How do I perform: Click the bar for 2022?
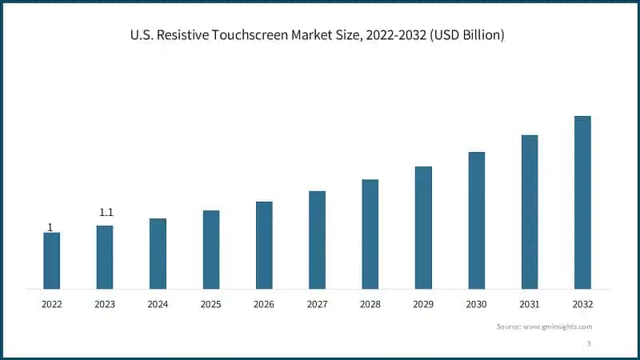(x=51, y=260)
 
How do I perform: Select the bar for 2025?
(x=211, y=249)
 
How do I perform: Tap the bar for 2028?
(x=370, y=234)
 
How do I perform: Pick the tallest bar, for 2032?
(x=582, y=202)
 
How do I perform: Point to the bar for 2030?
(x=476, y=220)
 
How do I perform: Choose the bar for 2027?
(x=317, y=239)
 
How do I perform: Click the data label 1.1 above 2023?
(x=106, y=213)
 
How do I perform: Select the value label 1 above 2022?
(x=50, y=227)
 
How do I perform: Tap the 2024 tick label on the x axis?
(x=158, y=304)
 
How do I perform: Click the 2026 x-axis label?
(x=264, y=304)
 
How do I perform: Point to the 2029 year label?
(x=423, y=304)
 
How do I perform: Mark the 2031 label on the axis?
(x=530, y=304)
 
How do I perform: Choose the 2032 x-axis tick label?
(x=582, y=304)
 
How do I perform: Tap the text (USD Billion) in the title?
(x=468, y=35)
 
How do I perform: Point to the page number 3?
(x=589, y=343)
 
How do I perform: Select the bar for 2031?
(x=530, y=211)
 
